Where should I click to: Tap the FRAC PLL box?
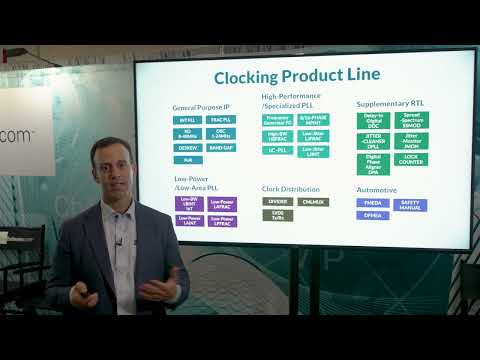[x=221, y=120]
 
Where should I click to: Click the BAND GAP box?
[x=221, y=146]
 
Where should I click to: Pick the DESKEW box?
[x=187, y=146]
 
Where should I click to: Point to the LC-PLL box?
[x=278, y=149]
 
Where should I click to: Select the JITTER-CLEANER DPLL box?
[x=372, y=141]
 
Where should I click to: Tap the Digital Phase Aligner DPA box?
[x=372, y=163]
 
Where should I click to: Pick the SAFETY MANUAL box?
[x=410, y=204]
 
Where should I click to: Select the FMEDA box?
[x=372, y=202]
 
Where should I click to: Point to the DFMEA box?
[x=372, y=214]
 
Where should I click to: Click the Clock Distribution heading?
[x=291, y=188]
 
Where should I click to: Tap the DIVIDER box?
[x=278, y=201]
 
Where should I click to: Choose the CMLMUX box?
[x=312, y=201]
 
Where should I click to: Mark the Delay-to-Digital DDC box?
[x=372, y=120]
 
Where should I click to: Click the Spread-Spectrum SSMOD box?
[x=411, y=120]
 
